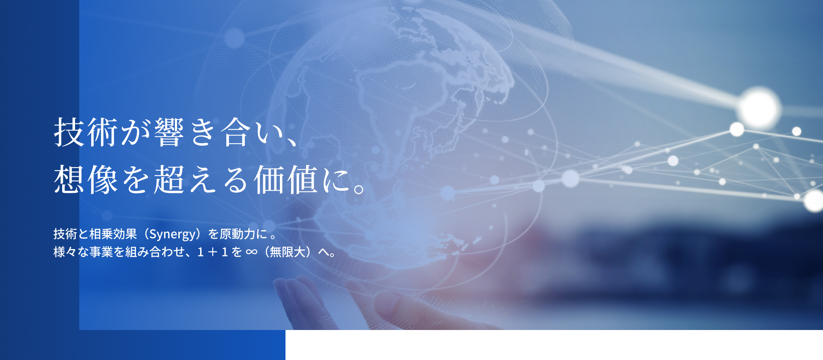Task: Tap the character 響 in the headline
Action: click(169, 132)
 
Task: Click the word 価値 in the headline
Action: click(286, 179)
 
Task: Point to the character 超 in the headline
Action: click(169, 179)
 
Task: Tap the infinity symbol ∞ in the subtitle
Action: click(252, 252)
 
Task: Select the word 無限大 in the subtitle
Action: click(287, 252)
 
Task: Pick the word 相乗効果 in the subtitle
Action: click(113, 234)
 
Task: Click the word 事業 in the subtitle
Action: click(101, 252)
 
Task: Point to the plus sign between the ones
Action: click(213, 252)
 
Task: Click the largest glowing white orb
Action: click(759, 108)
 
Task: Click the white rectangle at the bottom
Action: click(554, 345)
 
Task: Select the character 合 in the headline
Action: click(236, 132)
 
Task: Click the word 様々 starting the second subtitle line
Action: click(65, 252)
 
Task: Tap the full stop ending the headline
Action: click(359, 189)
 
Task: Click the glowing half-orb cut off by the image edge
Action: click(814, 201)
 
